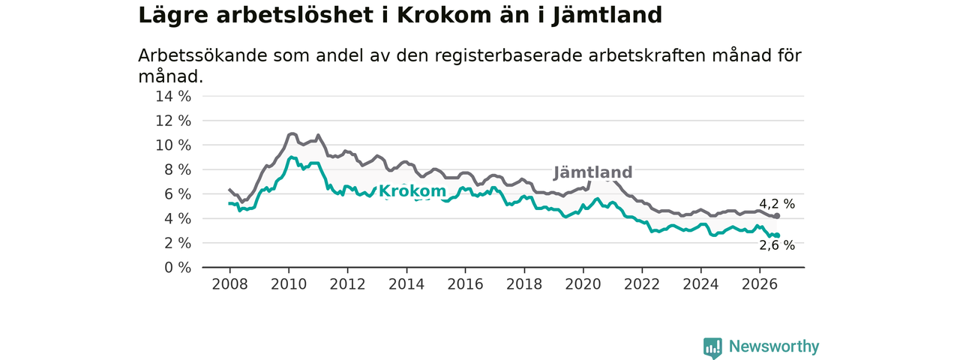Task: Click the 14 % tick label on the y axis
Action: pyautogui.click(x=173, y=97)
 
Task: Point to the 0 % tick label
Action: pyautogui.click(x=178, y=268)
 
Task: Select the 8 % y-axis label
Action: pyautogui.click(x=178, y=169)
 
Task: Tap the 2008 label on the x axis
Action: pyautogui.click(x=229, y=284)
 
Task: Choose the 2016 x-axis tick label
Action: pyautogui.click(x=465, y=284)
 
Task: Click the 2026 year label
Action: pyautogui.click(x=760, y=284)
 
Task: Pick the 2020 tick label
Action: pyautogui.click(x=583, y=284)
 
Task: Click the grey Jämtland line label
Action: pyautogui.click(x=592, y=172)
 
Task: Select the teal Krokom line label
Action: pyautogui.click(x=412, y=191)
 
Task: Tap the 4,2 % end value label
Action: pyautogui.click(x=777, y=204)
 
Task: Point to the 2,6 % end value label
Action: pyautogui.click(x=777, y=245)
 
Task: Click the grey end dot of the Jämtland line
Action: pyautogui.click(x=778, y=216)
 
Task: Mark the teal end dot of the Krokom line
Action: pyautogui.click(x=778, y=235)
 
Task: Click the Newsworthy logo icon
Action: pyautogui.click(x=712, y=347)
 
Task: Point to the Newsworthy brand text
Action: pyautogui.click(x=774, y=346)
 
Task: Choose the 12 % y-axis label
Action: pyautogui.click(x=173, y=121)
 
